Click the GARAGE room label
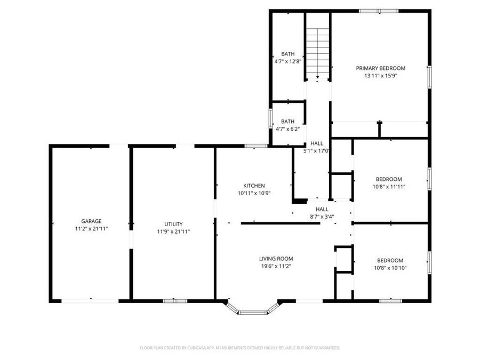[91, 221]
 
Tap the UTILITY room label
[173, 224]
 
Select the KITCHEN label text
[254, 186]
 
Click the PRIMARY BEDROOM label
[380, 68]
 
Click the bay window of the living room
[252, 309]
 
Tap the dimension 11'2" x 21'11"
[91, 228]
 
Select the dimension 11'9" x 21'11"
[173, 231]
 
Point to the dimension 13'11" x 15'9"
[380, 76]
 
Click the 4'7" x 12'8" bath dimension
[288, 61]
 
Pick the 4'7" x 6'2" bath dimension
[288, 129]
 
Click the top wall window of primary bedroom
[378, 11]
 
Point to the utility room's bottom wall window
[175, 301]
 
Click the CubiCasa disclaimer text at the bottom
[239, 348]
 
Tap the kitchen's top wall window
[256, 146]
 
